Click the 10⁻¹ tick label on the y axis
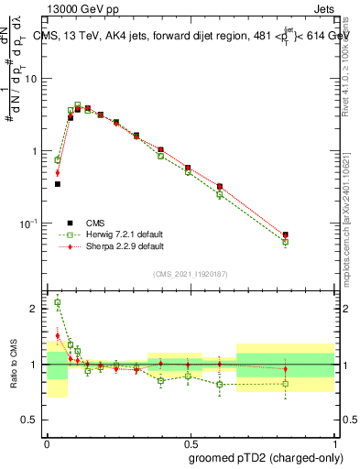click(30, 224)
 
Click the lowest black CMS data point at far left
click(58, 184)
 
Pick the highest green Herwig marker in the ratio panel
click(58, 302)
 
